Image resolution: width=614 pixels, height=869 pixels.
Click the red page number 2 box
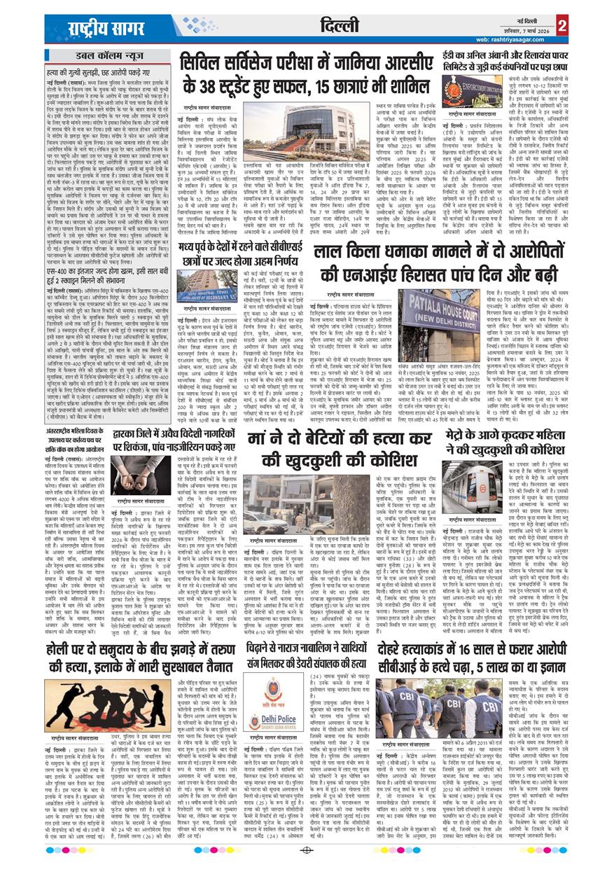(x=563, y=25)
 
